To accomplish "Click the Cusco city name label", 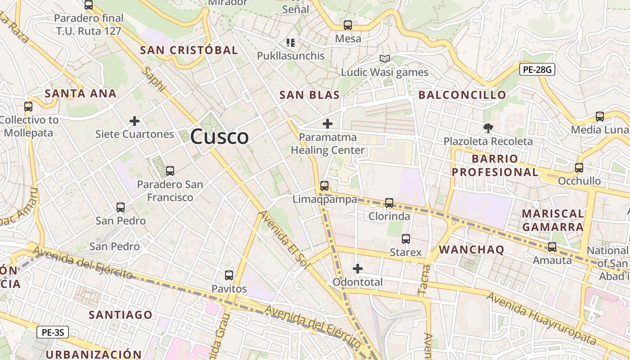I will tap(219, 136).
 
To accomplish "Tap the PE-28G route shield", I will tap(537, 70).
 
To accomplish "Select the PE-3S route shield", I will tap(53, 333).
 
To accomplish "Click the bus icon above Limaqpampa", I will tap(324, 185).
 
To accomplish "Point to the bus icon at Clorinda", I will tap(389, 203).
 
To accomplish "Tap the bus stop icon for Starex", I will tap(405, 239).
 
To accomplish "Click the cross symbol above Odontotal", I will tap(358, 269).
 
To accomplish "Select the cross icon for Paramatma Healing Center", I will tap(328, 124).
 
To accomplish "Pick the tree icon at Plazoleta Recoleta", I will tap(488, 128).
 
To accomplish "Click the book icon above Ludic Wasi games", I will tap(384, 59).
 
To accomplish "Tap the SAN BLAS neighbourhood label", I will tap(309, 95).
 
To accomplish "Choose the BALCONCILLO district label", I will tap(462, 95).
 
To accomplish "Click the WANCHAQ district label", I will tap(472, 250).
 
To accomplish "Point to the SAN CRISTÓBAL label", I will tap(189, 50).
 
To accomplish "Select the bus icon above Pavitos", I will tap(229, 275).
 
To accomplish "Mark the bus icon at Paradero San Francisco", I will tap(170, 171).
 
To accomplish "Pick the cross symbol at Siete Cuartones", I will tap(134, 121).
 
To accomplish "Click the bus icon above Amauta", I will tap(552, 247).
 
